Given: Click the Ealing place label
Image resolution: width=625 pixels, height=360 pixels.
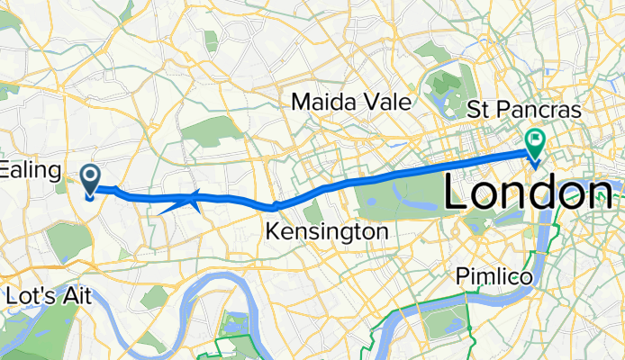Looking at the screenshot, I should (30, 169).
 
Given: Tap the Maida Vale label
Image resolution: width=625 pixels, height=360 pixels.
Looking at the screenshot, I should (351, 103).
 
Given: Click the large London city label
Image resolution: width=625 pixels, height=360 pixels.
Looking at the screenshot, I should (531, 193).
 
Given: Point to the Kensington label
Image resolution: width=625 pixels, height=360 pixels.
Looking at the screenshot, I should (327, 232).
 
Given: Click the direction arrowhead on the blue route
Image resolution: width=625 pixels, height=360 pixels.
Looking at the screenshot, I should (191, 200).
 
